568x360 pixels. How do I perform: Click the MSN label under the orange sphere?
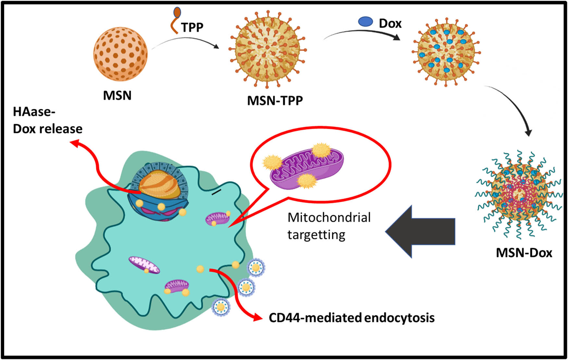click(x=117, y=95)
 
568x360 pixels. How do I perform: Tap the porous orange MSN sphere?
click(x=120, y=54)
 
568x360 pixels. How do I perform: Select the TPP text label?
click(x=192, y=27)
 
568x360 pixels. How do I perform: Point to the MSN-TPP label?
click(x=275, y=101)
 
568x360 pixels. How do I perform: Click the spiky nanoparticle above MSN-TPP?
click(x=267, y=49)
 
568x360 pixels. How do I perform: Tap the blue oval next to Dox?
click(x=365, y=21)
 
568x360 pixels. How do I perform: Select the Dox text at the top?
click(x=390, y=23)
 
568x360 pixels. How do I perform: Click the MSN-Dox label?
click(x=524, y=253)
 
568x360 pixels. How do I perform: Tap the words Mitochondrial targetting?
click(x=329, y=226)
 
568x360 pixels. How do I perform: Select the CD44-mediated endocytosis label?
click(x=352, y=318)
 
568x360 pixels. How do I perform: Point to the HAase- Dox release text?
click(x=47, y=120)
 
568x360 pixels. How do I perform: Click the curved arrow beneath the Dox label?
click(x=362, y=33)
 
